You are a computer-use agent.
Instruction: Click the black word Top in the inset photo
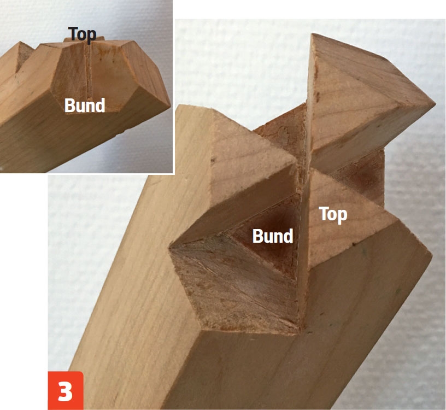click(82, 35)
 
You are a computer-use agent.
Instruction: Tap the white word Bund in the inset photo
click(85, 106)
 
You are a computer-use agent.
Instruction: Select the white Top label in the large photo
click(333, 215)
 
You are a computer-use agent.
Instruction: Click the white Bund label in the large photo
click(273, 236)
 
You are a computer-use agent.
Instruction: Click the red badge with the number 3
click(66, 390)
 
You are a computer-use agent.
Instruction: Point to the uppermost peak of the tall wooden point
click(312, 33)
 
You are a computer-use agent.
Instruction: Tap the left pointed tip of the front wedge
click(169, 248)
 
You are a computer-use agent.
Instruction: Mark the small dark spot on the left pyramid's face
click(212, 161)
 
